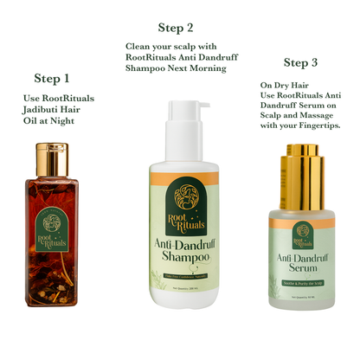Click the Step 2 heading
click(176, 28)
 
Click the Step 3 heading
click(306, 62)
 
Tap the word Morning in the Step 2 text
click(213, 67)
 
